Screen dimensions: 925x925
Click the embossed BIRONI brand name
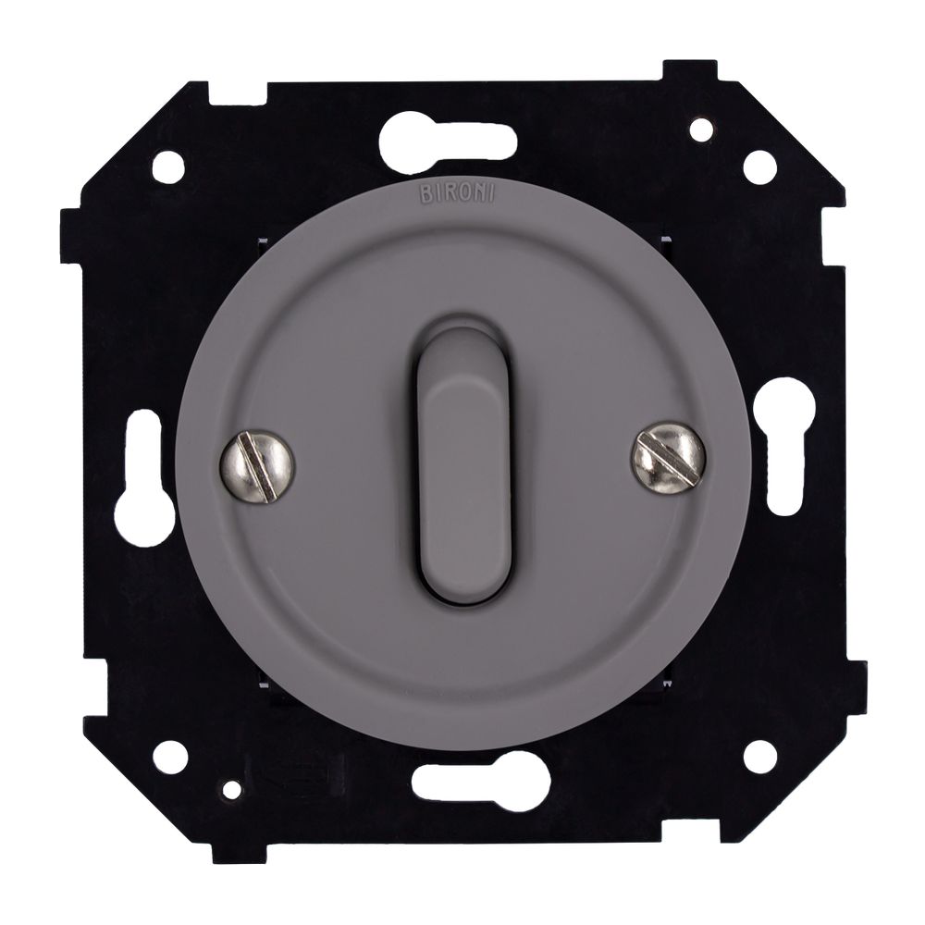(x=456, y=194)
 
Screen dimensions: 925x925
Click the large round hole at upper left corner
(x=168, y=166)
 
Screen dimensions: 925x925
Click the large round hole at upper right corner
(x=759, y=166)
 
